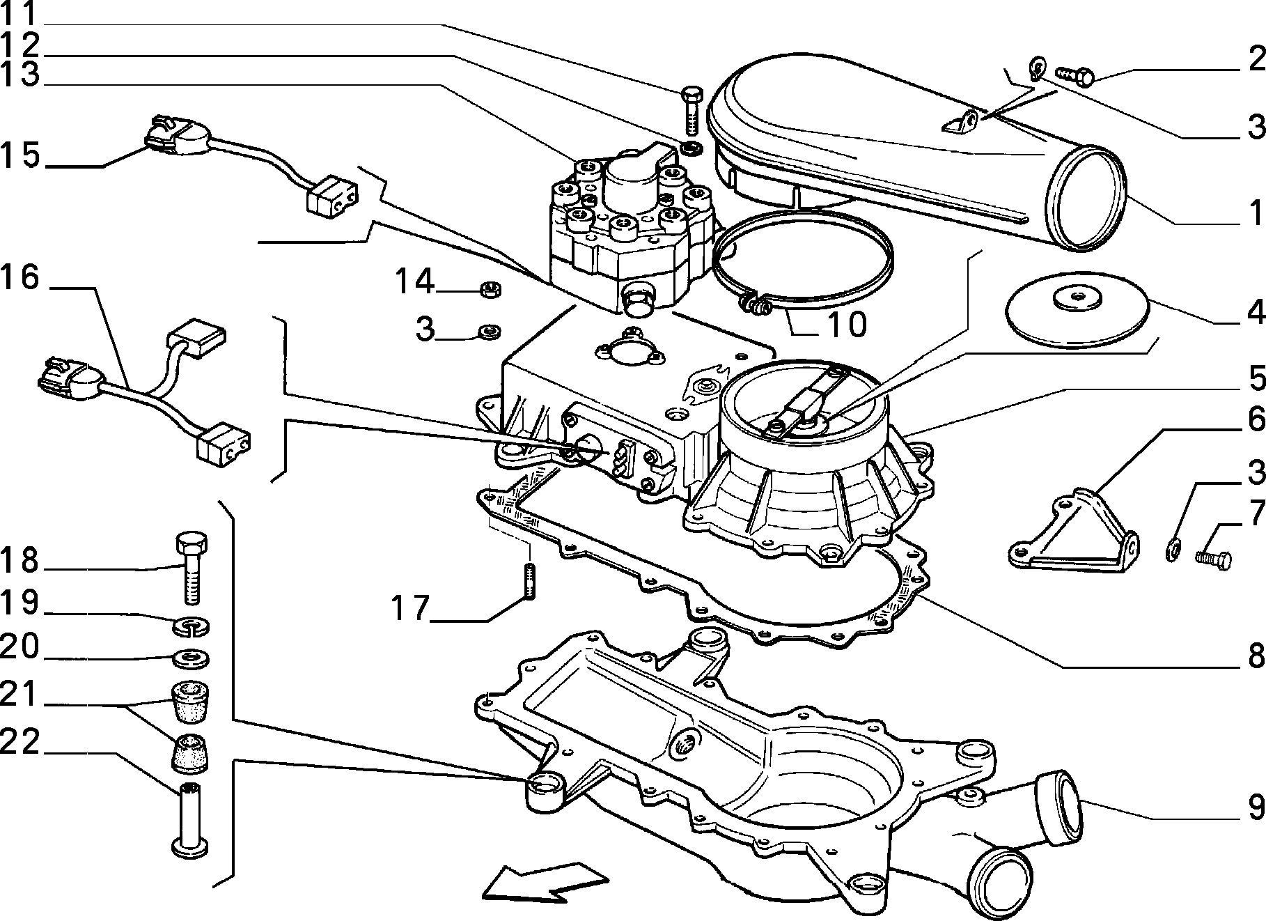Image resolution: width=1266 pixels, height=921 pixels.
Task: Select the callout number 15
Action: (x=22, y=155)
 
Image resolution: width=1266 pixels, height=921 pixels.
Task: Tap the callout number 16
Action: (x=20, y=278)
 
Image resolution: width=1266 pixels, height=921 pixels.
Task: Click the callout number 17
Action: (x=409, y=607)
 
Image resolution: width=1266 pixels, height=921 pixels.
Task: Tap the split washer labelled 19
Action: (x=190, y=626)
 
